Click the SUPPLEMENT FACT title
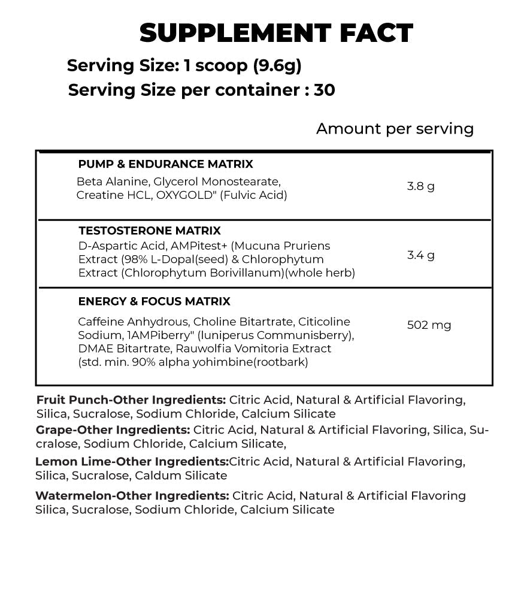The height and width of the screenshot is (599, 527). click(276, 34)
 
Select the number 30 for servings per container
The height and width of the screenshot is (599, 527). click(324, 90)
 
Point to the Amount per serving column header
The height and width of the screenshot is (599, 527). click(395, 129)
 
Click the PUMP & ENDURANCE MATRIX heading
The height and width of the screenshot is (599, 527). click(165, 164)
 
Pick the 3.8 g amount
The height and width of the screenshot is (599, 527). click(420, 186)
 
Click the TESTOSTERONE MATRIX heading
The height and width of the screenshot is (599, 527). click(149, 231)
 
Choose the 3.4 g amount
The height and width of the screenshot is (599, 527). click(420, 255)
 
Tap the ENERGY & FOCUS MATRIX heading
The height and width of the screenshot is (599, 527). click(154, 301)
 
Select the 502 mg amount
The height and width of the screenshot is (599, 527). click(429, 325)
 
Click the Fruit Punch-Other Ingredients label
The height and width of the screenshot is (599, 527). click(131, 400)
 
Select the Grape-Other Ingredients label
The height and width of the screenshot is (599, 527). click(113, 430)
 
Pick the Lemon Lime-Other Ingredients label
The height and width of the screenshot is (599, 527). click(132, 462)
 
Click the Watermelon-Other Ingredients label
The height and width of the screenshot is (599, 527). click(132, 496)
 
